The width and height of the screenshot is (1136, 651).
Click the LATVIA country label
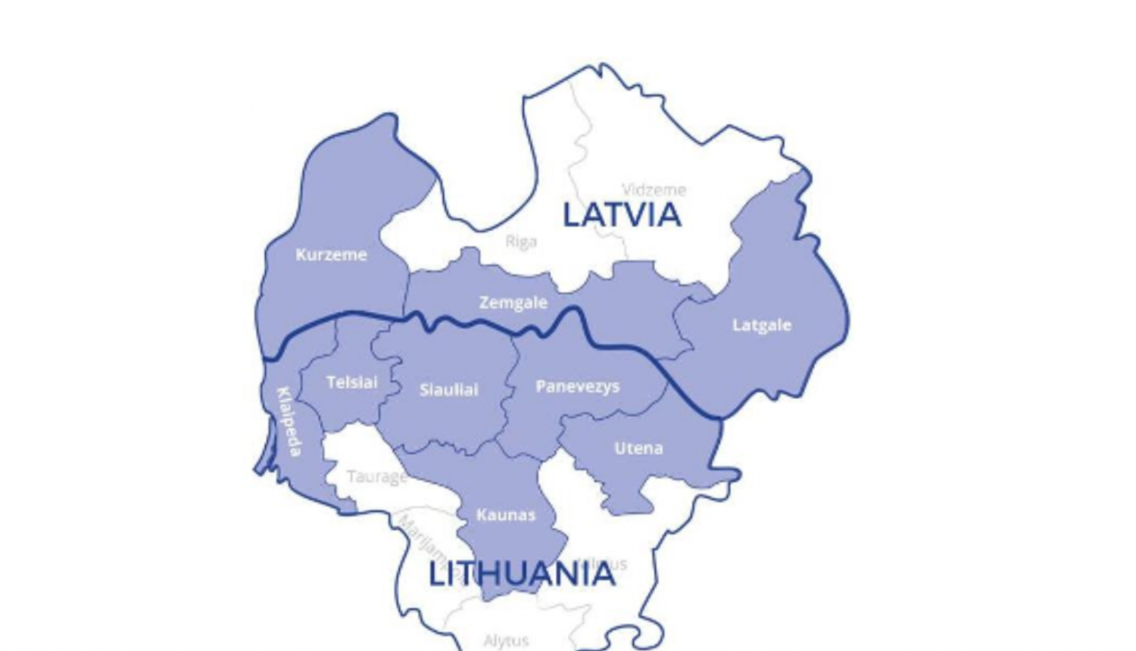click(622, 216)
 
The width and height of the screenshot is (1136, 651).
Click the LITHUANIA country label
click(522, 575)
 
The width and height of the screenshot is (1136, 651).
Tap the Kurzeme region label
click(331, 255)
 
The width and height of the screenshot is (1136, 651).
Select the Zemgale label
click(513, 303)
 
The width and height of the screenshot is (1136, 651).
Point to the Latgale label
click(761, 325)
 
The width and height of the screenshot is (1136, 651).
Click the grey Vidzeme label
click(654, 190)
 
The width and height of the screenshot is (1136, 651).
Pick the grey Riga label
click(521, 241)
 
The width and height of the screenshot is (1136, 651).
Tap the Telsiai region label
click(351, 382)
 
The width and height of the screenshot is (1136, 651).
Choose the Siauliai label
click(448, 390)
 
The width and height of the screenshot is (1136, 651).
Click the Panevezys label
click(577, 387)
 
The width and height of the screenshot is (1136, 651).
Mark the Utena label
click(638, 448)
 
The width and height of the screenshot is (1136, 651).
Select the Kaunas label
click(505, 516)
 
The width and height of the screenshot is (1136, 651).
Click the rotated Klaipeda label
click(289, 422)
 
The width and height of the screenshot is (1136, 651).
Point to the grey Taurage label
click(376, 477)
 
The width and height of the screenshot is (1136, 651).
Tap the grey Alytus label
click(506, 641)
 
